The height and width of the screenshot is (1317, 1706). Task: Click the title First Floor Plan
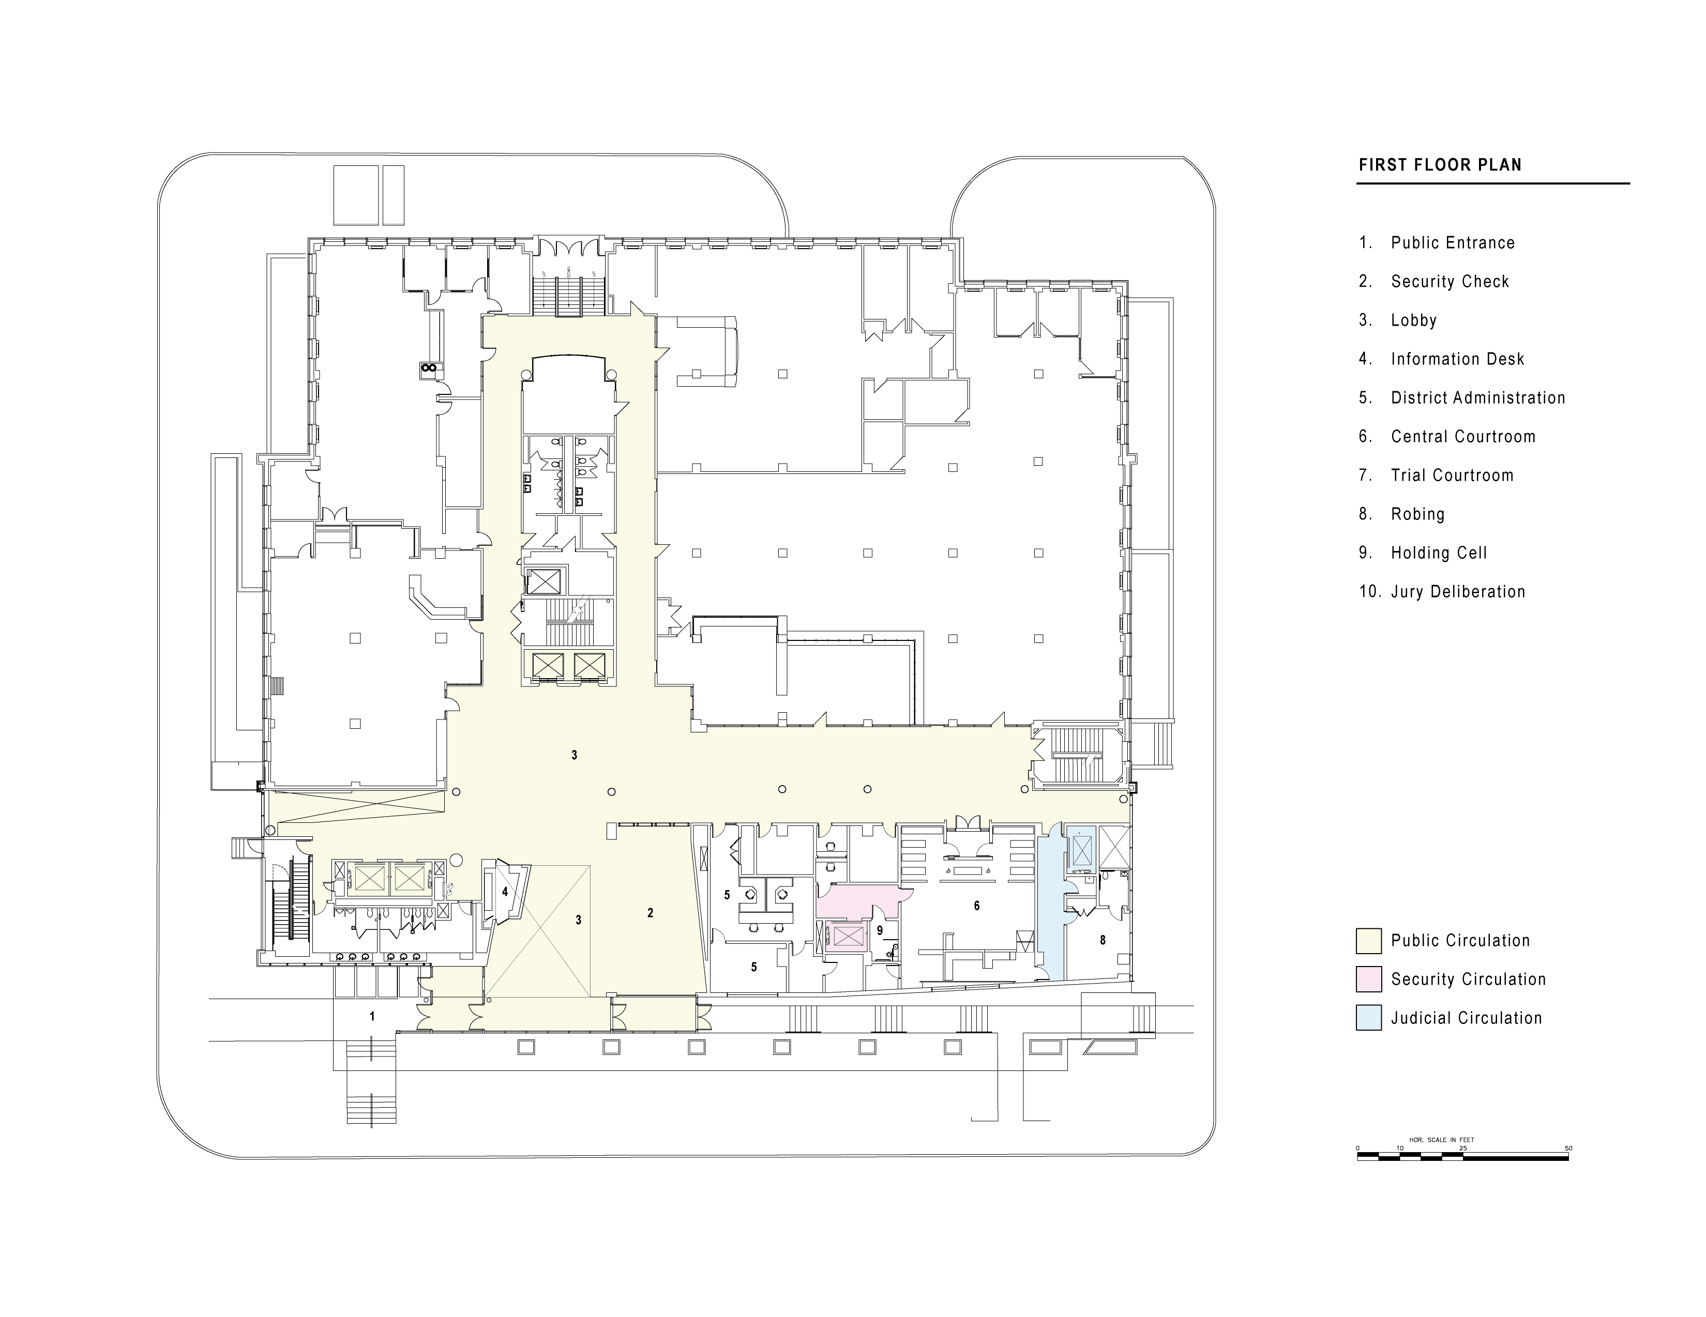click(1440, 165)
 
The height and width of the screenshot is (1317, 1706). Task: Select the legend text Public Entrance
click(1452, 243)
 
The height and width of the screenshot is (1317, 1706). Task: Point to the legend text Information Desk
click(1457, 359)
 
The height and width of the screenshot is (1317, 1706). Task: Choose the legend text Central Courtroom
click(1462, 436)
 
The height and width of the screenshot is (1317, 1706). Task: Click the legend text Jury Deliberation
click(1458, 592)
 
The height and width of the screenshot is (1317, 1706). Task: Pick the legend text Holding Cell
click(1438, 553)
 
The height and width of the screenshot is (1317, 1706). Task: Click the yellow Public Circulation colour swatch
click(1368, 941)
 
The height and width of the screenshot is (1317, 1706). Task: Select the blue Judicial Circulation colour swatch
click(1368, 1018)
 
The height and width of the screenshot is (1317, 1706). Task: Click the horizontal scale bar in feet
click(1462, 1158)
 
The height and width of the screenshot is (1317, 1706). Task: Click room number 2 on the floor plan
click(650, 913)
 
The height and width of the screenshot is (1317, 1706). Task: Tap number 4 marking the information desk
click(505, 892)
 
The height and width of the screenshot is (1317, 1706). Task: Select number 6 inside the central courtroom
click(976, 906)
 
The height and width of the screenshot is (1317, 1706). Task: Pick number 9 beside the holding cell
click(880, 930)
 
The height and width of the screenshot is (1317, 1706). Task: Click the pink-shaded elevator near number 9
click(848, 936)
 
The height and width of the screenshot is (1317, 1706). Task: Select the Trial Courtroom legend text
click(1452, 476)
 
